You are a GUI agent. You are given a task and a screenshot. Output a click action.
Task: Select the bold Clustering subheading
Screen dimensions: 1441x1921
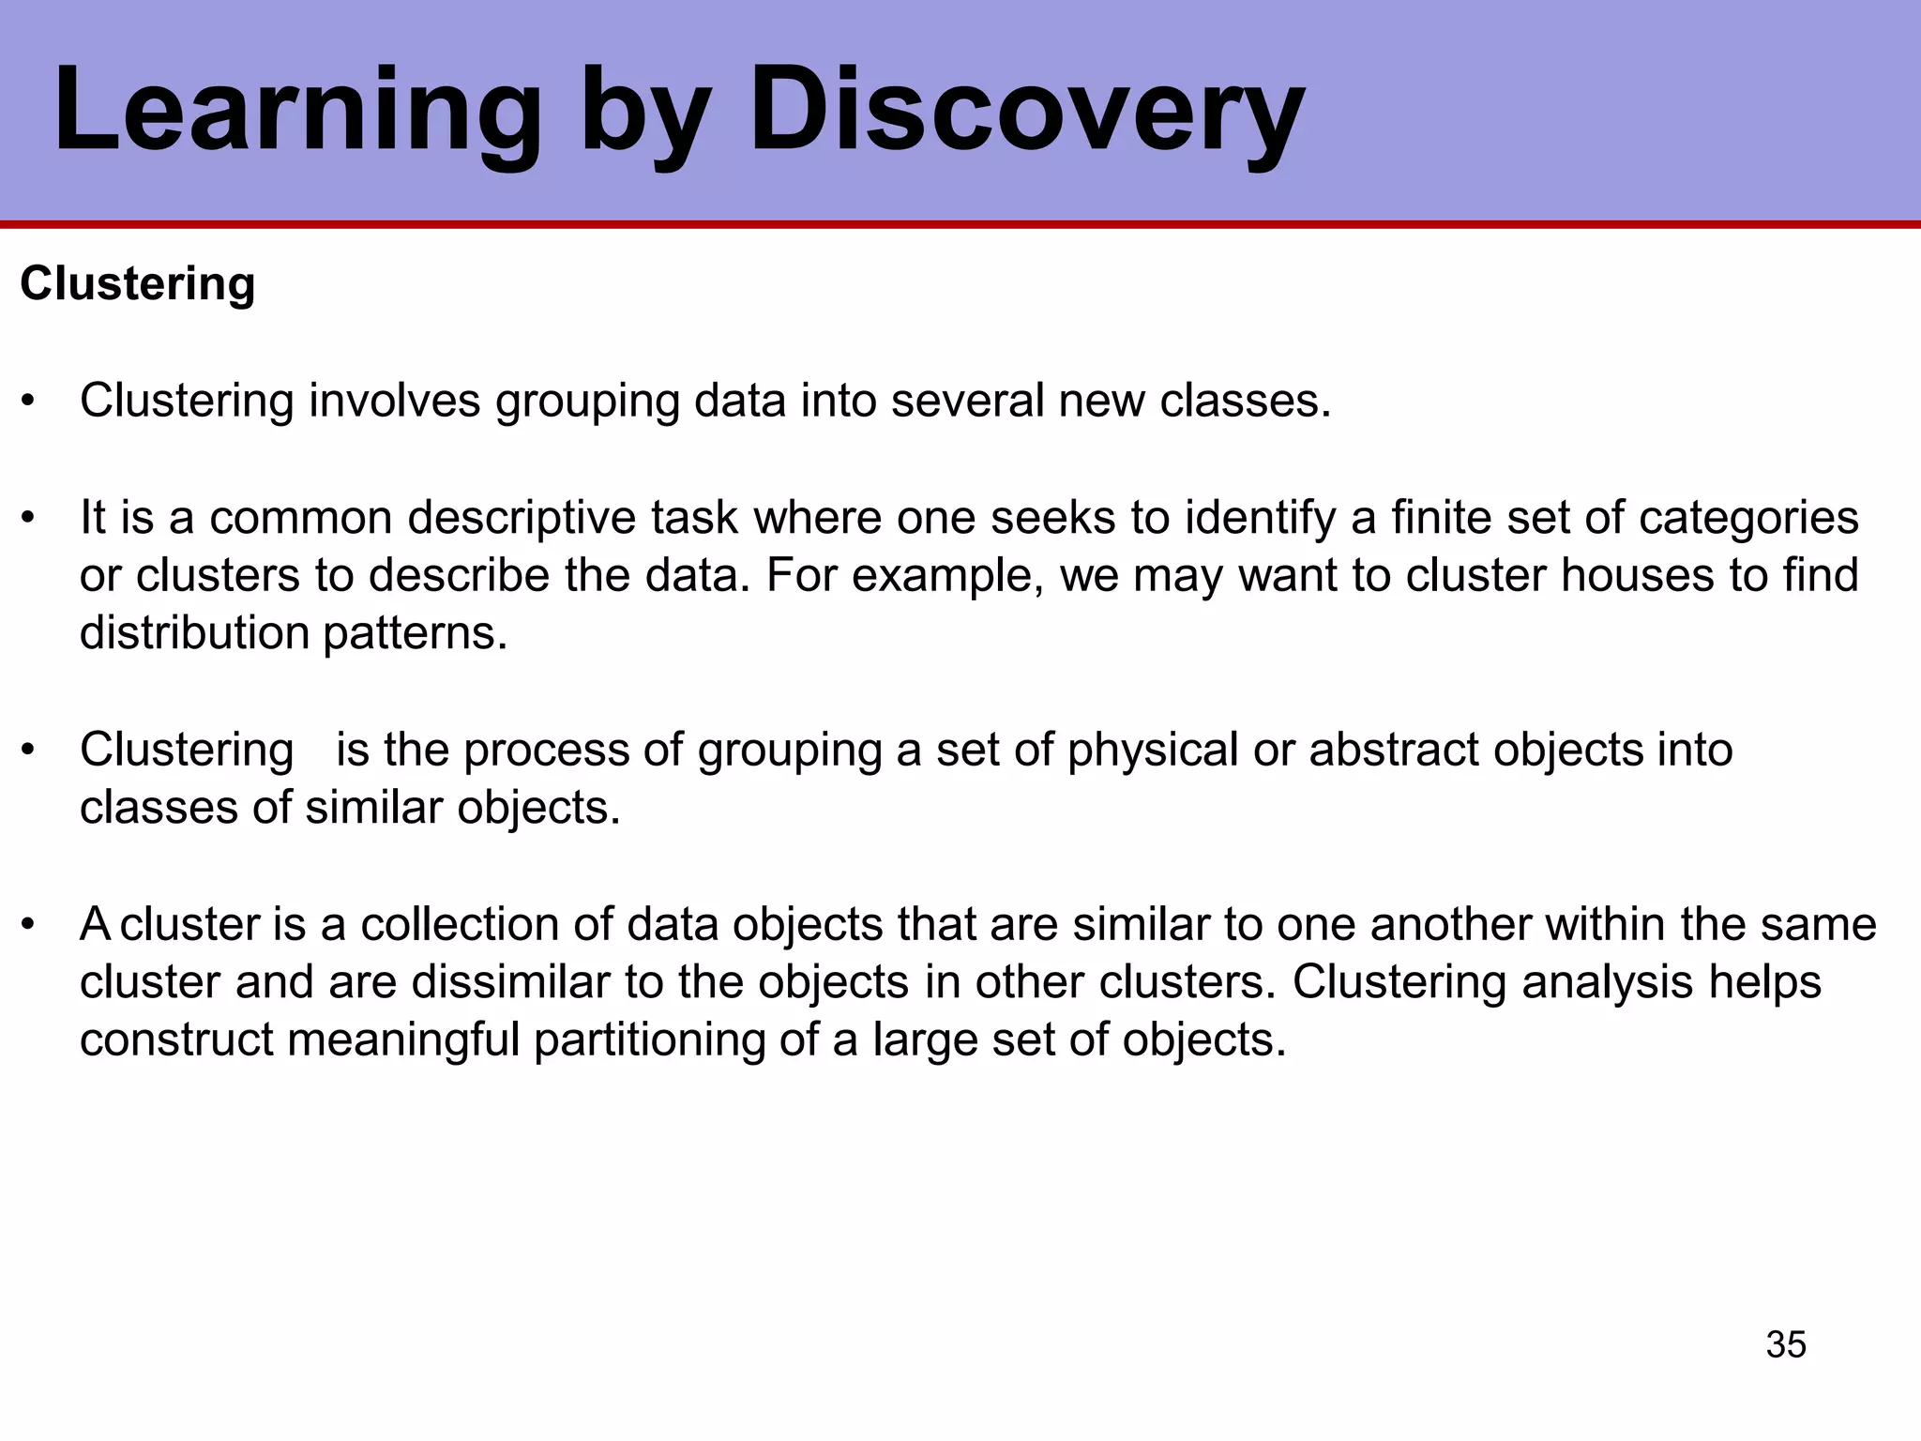137,283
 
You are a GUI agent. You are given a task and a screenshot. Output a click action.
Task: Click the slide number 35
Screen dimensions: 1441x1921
1786,1344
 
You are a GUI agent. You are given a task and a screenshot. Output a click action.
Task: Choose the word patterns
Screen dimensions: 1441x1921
415,633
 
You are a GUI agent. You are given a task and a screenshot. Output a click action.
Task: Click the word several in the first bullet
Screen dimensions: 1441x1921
967,401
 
